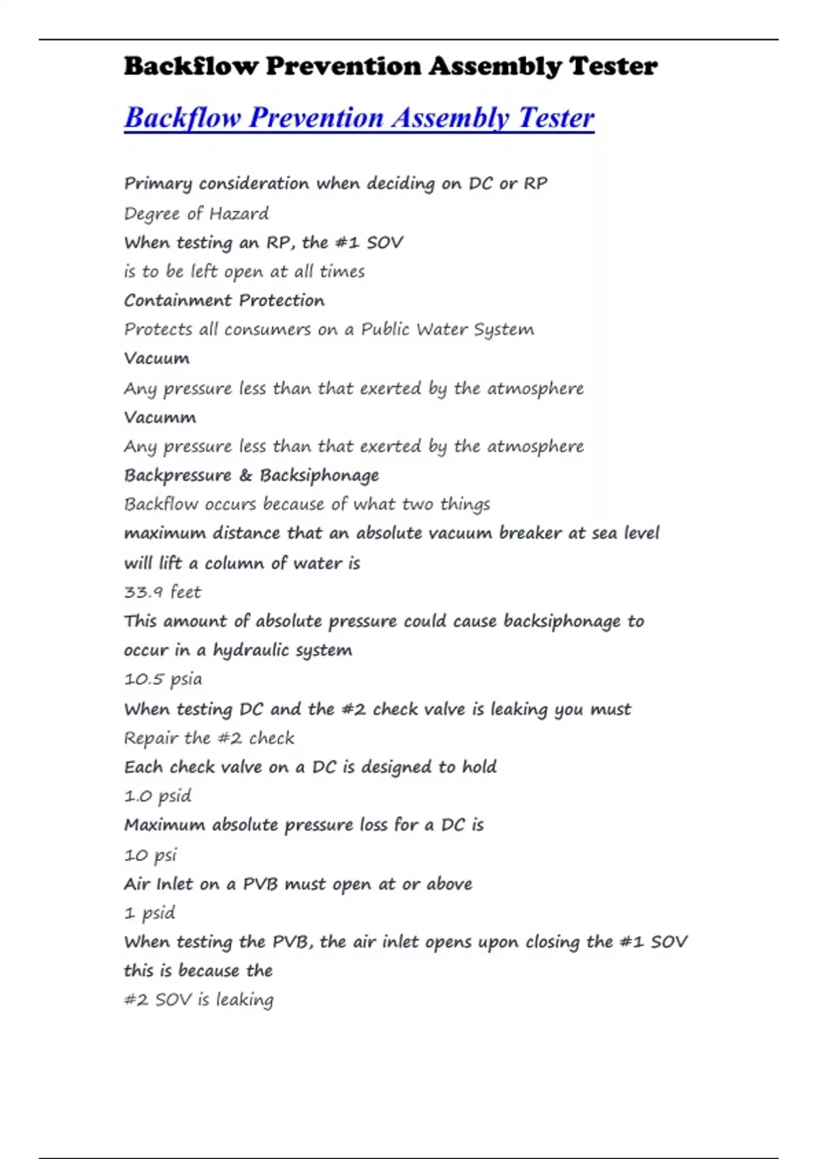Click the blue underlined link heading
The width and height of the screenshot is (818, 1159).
click(x=359, y=117)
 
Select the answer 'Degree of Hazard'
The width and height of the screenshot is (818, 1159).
click(x=196, y=214)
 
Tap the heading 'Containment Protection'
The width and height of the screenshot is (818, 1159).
click(x=224, y=301)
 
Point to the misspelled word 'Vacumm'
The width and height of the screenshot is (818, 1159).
click(x=160, y=417)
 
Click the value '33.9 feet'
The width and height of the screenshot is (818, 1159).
click(x=162, y=592)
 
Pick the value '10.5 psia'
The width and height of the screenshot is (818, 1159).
click(x=163, y=679)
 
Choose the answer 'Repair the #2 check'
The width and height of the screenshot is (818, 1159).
click(x=209, y=738)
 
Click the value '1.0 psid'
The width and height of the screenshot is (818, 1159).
click(x=157, y=796)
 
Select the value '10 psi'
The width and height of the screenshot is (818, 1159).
click(x=150, y=855)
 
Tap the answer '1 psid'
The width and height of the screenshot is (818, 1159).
click(x=149, y=913)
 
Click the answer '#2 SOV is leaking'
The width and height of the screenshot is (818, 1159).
click(x=198, y=999)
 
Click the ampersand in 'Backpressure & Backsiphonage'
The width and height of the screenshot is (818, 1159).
click(x=245, y=475)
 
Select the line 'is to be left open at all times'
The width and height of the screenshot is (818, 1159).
click(x=244, y=272)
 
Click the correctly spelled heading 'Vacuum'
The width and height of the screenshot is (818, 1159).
click(x=157, y=359)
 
